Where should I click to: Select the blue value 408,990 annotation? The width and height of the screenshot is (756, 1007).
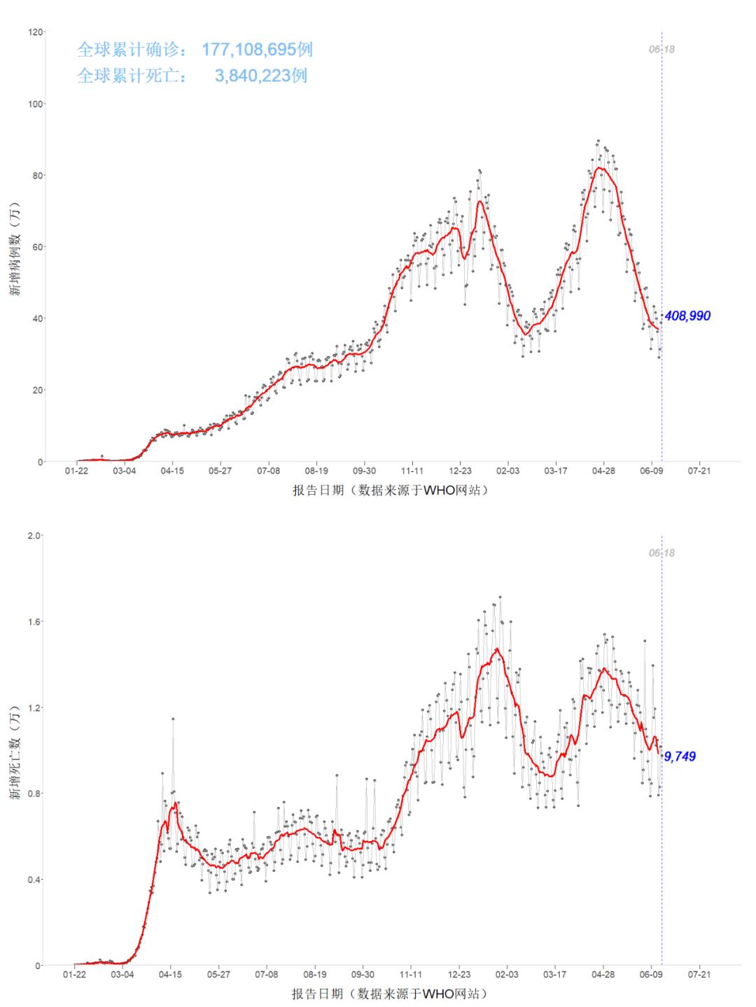tap(687, 316)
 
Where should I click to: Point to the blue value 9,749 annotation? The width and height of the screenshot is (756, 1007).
tap(680, 756)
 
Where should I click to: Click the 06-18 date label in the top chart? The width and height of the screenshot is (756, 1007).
tap(661, 50)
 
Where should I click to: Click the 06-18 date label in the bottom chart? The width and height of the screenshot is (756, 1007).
tap(661, 554)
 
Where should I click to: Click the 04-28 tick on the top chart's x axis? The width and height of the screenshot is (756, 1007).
tap(603, 471)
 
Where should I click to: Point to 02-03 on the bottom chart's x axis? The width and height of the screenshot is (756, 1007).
tap(507, 974)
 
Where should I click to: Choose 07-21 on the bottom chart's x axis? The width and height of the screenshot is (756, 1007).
tap(699, 974)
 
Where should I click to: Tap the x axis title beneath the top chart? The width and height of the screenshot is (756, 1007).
tap(389, 491)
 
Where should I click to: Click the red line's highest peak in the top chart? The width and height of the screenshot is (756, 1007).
tap(600, 167)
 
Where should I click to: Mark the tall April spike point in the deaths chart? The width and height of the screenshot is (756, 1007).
tap(173, 719)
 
